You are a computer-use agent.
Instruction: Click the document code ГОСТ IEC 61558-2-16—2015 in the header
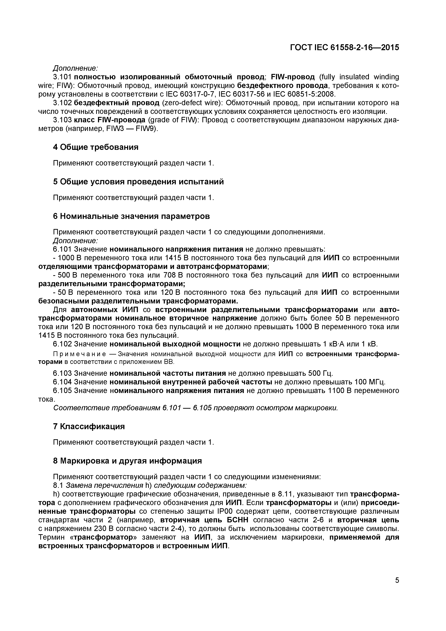click(x=344, y=47)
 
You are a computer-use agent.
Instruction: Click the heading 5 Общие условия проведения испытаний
click(x=138, y=182)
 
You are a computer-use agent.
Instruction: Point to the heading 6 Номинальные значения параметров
click(x=131, y=216)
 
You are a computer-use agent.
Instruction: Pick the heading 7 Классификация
click(x=89, y=426)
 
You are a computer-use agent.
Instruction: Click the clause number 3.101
click(x=62, y=77)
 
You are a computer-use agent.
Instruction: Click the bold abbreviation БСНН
click(x=237, y=520)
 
